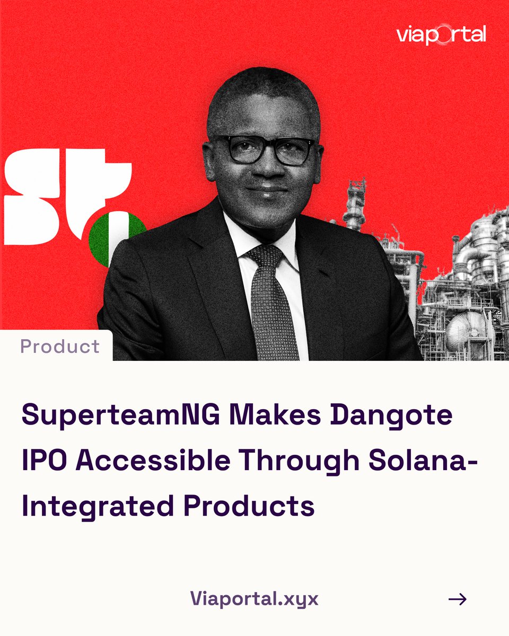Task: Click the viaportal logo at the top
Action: (x=441, y=34)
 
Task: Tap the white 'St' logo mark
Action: (x=67, y=196)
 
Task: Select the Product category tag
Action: (x=60, y=346)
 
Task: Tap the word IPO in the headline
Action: (x=45, y=460)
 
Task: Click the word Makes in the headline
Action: (x=275, y=414)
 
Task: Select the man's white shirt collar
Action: (x=260, y=236)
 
